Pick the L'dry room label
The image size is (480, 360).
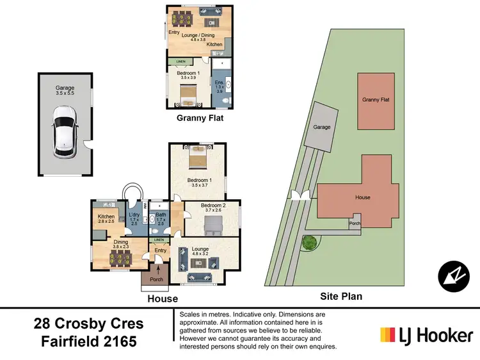[x=134, y=218]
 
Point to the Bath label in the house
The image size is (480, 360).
[x=161, y=218]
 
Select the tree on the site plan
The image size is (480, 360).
[x=309, y=243]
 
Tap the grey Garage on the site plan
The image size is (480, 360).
[x=321, y=127]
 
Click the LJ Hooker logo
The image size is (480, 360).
[x=426, y=334]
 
